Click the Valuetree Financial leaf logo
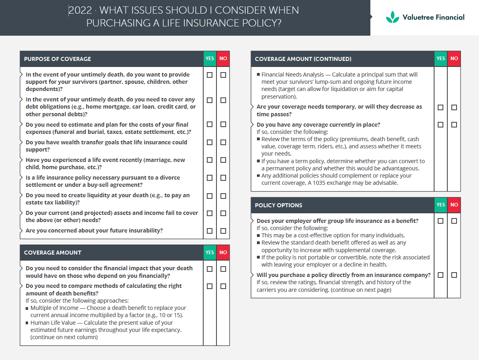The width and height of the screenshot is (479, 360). coord(392,17)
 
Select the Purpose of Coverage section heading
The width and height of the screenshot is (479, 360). coord(58,59)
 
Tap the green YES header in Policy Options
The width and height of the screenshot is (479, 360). coord(441,205)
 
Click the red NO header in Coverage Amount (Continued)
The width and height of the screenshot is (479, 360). coord(454,59)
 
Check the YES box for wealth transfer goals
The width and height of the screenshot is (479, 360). coord(210,142)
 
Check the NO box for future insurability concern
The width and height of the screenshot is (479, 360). coord(223,231)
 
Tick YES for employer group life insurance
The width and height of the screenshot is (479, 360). coord(441,221)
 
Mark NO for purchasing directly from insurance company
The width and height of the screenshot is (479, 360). coord(454,275)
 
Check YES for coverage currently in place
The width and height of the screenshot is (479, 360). coord(441,125)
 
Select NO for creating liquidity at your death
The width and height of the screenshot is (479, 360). coord(223,196)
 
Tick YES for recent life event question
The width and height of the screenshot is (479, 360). coord(210,160)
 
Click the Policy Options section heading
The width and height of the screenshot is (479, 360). coord(279,205)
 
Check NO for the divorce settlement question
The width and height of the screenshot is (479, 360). coord(223,178)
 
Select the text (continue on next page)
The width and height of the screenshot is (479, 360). coord(361,289)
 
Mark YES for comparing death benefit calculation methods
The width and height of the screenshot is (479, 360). coord(210,286)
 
